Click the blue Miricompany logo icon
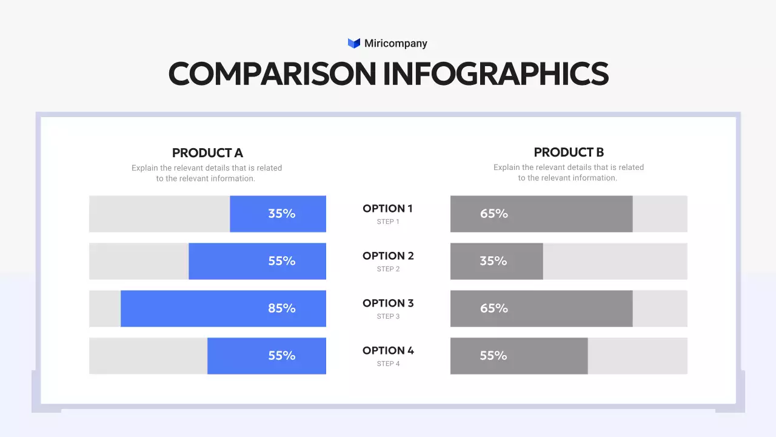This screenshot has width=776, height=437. tap(354, 43)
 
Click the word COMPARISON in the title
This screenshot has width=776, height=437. tap(272, 74)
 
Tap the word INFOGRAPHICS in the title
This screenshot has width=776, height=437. tap(496, 74)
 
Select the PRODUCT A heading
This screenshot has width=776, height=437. tap(207, 153)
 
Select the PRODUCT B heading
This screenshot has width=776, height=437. tap(569, 152)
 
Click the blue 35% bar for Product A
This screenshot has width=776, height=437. tap(278, 214)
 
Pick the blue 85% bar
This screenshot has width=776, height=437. tap(223, 308)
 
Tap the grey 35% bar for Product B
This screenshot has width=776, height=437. tap(497, 261)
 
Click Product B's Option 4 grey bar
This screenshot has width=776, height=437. tap(519, 356)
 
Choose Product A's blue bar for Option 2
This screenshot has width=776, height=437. tap(257, 261)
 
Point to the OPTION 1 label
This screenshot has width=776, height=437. tap(387, 209)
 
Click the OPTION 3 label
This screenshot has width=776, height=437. tap(388, 303)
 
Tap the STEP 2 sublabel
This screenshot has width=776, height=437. tap(388, 269)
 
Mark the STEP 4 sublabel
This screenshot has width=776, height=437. tap(388, 364)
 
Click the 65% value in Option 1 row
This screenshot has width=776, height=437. tap(493, 214)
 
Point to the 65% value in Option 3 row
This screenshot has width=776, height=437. tap(493, 308)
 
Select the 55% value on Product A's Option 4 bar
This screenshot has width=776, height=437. tap(282, 356)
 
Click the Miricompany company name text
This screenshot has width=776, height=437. tap(395, 43)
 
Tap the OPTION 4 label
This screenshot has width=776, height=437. tap(388, 351)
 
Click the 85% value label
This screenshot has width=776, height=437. tap(282, 308)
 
